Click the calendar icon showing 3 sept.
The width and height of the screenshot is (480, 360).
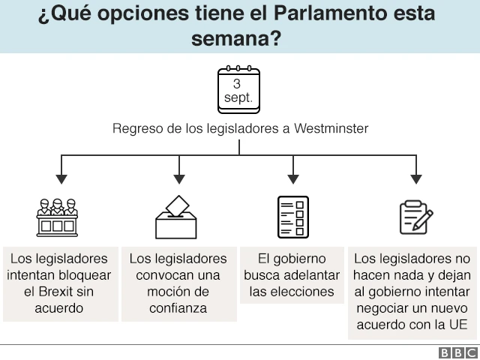click(x=238, y=89)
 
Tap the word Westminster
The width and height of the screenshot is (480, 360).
click(x=331, y=128)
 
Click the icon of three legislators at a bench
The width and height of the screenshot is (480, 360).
click(x=57, y=217)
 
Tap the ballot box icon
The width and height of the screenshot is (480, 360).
click(x=176, y=217)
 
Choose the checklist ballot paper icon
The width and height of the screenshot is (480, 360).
click(x=292, y=217)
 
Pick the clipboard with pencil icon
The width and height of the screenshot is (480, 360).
click(x=415, y=217)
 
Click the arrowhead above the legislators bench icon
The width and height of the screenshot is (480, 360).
click(x=61, y=179)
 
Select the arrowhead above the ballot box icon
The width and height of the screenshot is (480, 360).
click(x=178, y=179)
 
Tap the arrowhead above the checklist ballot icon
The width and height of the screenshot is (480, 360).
click(x=293, y=179)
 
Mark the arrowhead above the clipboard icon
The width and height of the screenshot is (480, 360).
click(x=416, y=179)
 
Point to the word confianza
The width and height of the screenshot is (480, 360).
click(x=178, y=308)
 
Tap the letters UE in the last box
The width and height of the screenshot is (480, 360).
click(x=457, y=325)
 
